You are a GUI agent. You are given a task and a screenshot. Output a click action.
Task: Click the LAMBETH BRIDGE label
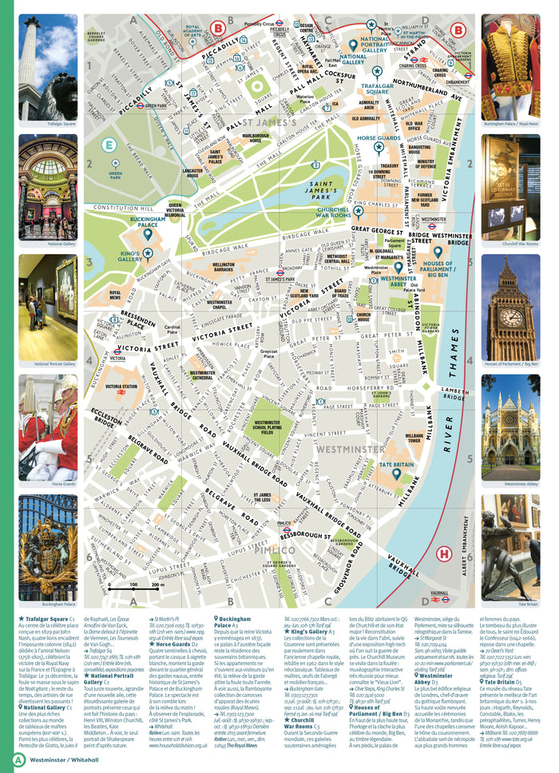coord(455,390)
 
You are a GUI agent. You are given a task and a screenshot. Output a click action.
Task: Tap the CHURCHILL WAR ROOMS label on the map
coord(333,212)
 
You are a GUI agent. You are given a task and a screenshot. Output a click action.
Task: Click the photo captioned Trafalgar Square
coord(48,67)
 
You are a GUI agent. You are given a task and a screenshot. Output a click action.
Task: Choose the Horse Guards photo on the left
coord(48,426)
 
